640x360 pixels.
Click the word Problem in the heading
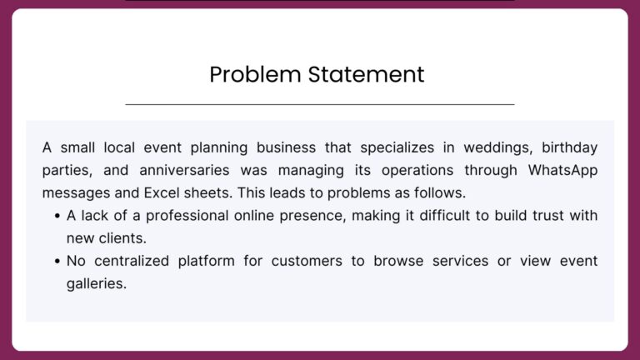click(255, 75)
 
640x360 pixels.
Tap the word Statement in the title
click(366, 74)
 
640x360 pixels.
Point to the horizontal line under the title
click(320, 104)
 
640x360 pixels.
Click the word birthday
click(569, 148)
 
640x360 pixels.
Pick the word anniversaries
click(184, 170)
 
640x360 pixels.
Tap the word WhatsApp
click(562, 171)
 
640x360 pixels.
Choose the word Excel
click(162, 192)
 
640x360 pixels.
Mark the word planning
click(219, 148)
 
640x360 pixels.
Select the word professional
click(187, 216)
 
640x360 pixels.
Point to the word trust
click(547, 216)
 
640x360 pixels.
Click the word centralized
click(132, 261)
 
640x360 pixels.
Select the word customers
click(307, 261)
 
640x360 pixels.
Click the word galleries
click(97, 284)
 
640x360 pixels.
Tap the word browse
click(398, 261)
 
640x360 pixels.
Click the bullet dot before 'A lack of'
click(57, 216)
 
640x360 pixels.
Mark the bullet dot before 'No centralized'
click(57, 261)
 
